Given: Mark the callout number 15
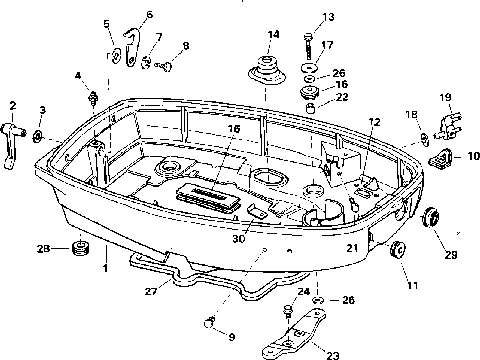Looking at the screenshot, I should (233, 129).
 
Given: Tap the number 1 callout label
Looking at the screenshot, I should (106, 268).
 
